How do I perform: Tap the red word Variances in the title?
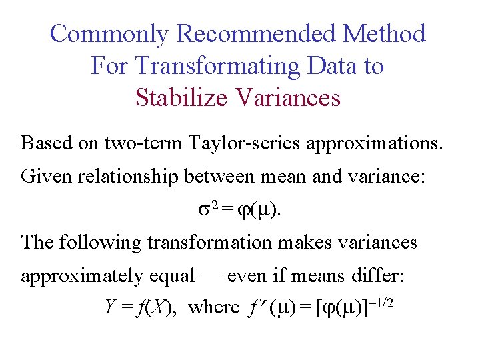pos(289,97)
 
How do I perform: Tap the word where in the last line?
pos(214,307)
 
